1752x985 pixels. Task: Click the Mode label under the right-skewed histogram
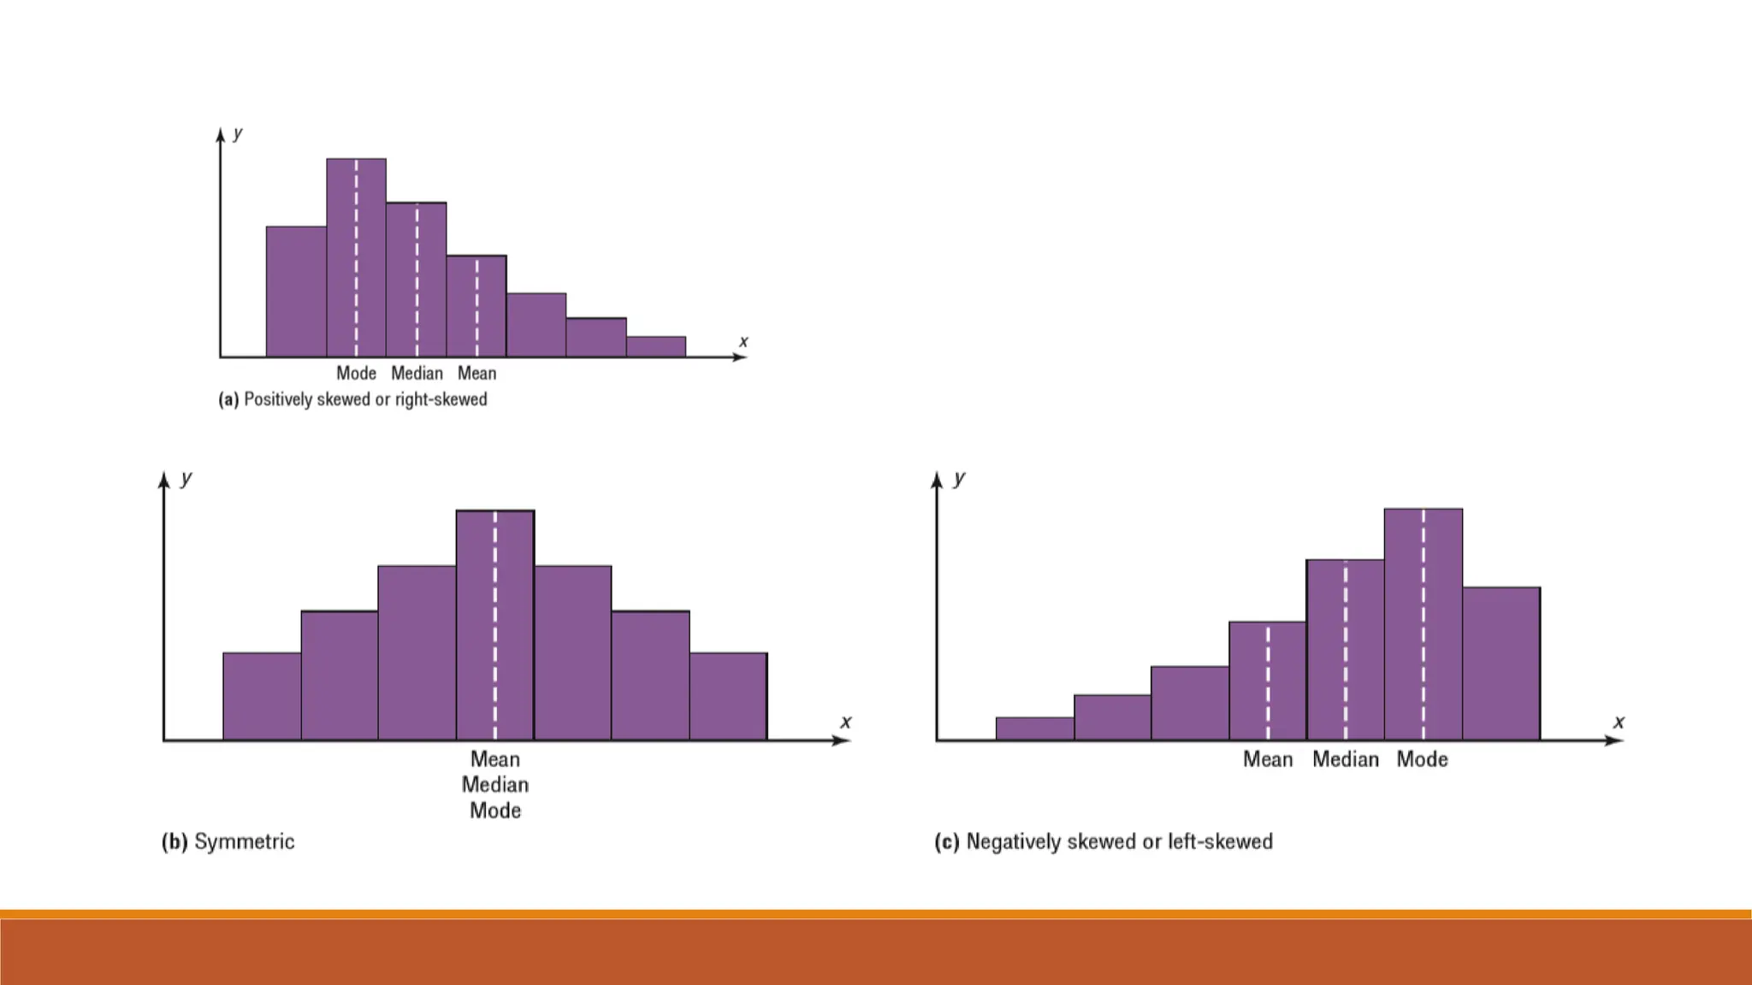(x=356, y=374)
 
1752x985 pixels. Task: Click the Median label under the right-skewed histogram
(x=417, y=374)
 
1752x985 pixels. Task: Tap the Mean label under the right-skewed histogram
(x=476, y=374)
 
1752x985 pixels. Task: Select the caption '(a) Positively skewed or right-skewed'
(x=352, y=399)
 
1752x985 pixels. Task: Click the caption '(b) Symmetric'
(x=228, y=841)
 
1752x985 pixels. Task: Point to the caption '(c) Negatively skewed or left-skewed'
(x=1103, y=841)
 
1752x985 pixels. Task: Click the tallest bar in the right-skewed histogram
(x=342, y=257)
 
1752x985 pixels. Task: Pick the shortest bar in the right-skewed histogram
(x=656, y=346)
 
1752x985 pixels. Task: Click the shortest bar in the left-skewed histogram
(x=1035, y=728)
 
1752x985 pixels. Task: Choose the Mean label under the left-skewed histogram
(x=1267, y=759)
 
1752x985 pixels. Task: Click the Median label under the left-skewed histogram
(x=1346, y=759)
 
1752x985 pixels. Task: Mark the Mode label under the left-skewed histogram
(x=1422, y=759)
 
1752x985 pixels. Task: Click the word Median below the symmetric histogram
(x=495, y=785)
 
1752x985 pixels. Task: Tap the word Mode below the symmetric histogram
(x=495, y=811)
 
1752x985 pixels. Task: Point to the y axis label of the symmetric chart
(x=186, y=478)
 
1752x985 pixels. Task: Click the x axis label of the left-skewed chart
(x=1619, y=722)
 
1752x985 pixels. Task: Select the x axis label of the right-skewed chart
(x=743, y=341)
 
